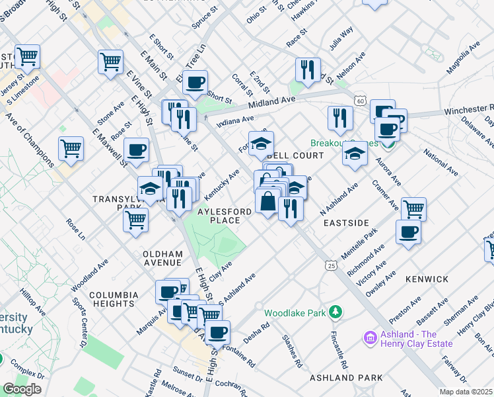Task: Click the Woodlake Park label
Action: pos(295,313)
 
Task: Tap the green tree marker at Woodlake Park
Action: pos(336,311)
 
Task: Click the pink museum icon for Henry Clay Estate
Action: pos(369,339)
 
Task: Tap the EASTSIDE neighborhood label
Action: pos(345,223)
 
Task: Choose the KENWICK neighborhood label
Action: pos(427,279)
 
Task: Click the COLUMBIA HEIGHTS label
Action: pos(112,299)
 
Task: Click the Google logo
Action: pos(22,389)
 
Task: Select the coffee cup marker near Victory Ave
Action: pos(407,232)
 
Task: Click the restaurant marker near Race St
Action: pos(308,69)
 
